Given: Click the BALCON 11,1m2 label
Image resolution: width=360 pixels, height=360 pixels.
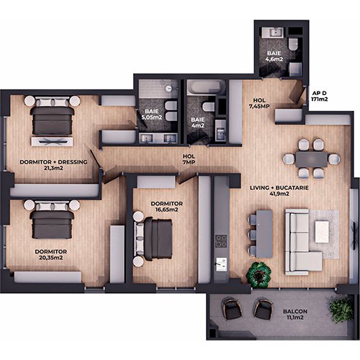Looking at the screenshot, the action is click(295, 315).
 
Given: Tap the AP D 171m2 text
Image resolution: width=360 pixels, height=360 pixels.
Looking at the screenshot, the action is click(320, 96).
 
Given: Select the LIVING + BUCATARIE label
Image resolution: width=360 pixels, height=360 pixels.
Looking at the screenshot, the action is click(279, 188).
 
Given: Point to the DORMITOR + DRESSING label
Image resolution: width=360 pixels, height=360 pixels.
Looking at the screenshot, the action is click(53, 162).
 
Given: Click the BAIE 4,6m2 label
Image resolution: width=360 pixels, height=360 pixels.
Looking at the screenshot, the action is click(274, 56).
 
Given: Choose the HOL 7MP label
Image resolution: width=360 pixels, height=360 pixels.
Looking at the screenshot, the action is click(189, 159).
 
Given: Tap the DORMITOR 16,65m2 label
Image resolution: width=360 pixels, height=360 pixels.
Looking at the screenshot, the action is click(167, 207).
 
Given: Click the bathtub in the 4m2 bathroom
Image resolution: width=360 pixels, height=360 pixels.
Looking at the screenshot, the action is click(206, 87).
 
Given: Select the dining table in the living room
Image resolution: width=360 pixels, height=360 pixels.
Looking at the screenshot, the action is click(312, 159).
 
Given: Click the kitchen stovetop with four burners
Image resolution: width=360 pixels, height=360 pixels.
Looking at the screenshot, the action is click(221, 241).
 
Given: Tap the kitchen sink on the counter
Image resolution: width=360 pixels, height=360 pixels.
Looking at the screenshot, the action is click(221, 264).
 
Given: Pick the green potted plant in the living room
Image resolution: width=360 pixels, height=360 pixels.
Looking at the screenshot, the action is click(259, 274).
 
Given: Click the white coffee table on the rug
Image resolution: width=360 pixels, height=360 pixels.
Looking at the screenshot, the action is click(322, 232).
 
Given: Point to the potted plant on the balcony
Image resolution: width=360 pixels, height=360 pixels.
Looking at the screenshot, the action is click(341, 308).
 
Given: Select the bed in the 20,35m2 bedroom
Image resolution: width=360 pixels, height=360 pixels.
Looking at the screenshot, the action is click(52, 219).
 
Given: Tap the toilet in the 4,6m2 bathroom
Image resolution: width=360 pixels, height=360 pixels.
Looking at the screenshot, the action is click(293, 44).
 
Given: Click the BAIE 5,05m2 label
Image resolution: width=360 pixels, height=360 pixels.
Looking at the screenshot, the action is click(152, 114).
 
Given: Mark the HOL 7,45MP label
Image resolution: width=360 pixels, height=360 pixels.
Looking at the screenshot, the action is click(259, 103).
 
